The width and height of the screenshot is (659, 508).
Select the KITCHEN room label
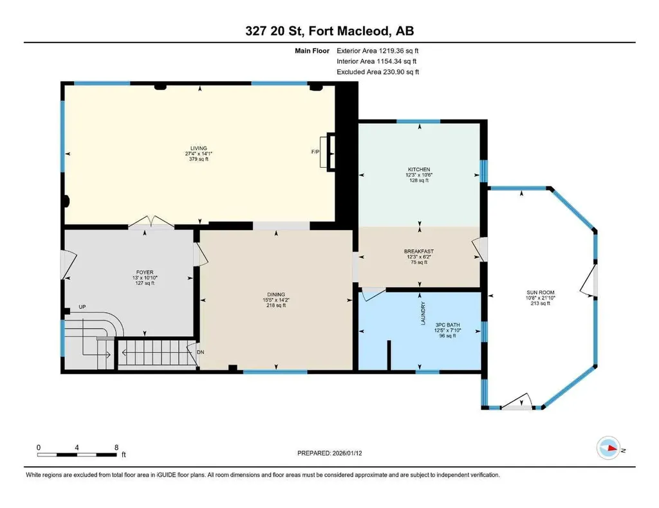pos(418,169)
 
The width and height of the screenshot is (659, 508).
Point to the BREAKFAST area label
pos(418,251)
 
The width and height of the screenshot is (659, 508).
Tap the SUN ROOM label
pos(540,293)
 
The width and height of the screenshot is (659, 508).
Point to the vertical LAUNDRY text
pos(423,313)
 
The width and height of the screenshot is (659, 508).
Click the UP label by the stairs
pos(82,307)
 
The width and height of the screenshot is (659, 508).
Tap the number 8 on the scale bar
pos(116,446)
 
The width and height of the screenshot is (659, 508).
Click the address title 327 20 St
pos(329,31)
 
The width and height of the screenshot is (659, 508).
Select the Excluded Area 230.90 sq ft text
pos(378,72)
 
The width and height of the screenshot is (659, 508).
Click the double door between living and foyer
pos(151,223)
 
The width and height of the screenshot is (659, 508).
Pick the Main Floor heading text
pos(311,51)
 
